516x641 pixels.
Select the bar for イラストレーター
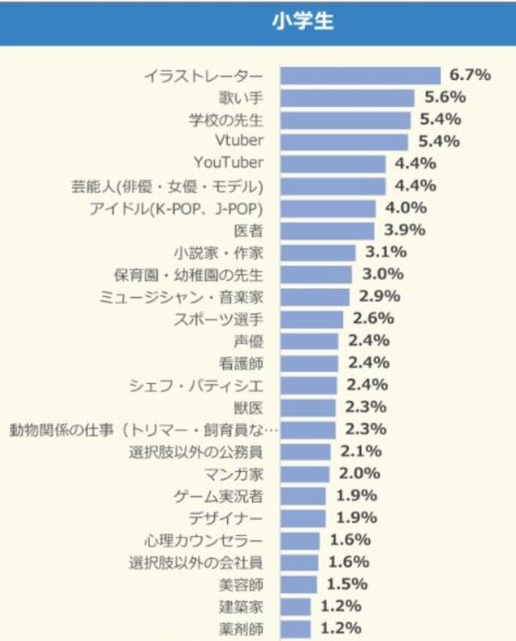coord(361,76)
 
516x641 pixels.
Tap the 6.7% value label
coord(468,75)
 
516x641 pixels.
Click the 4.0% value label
coord(404,208)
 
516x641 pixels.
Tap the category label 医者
coord(249,230)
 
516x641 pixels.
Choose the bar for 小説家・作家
coord(318,253)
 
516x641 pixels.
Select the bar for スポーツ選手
coord(312,319)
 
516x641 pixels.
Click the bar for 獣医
coord(310,407)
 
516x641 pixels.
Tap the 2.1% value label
coord(359,451)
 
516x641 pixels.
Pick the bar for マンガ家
coord(305,473)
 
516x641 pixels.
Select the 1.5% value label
coord(347,584)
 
